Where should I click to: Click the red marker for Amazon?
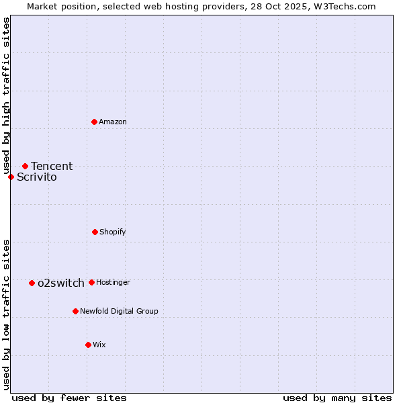(x=95, y=122)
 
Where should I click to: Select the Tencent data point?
(x=25, y=166)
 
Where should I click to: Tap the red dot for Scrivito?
(x=11, y=177)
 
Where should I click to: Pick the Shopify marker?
(x=95, y=232)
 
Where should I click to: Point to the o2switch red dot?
(x=32, y=283)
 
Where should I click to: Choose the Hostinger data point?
(x=91, y=282)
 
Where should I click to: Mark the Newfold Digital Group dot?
(x=75, y=311)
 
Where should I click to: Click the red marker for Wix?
(x=88, y=345)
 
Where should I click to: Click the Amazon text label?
(x=113, y=122)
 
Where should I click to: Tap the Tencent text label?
(x=52, y=166)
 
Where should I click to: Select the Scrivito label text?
(x=37, y=177)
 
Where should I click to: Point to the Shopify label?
(x=113, y=232)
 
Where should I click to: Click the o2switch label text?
(x=61, y=283)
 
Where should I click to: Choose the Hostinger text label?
(x=113, y=282)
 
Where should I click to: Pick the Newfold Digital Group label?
(x=119, y=311)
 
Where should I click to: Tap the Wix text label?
(x=99, y=345)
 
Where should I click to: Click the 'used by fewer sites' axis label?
(x=69, y=398)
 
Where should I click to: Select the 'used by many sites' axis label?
(x=337, y=398)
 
